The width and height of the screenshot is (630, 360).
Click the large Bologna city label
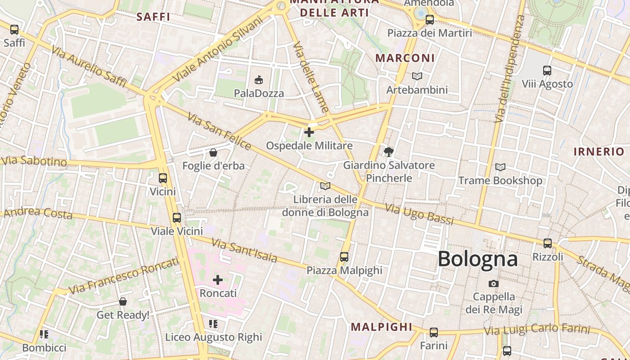(x=477, y=259)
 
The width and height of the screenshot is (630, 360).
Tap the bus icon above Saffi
(x=14, y=30)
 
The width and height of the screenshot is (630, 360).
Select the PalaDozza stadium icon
(x=259, y=80)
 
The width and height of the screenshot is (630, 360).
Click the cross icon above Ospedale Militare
(x=309, y=132)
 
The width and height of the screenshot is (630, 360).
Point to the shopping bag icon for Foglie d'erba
(x=213, y=153)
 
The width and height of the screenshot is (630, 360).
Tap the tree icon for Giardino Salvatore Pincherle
(x=389, y=152)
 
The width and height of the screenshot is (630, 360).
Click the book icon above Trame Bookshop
(x=500, y=167)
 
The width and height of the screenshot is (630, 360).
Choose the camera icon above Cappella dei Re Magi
(x=494, y=283)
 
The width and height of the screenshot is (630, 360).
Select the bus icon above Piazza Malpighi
(x=344, y=257)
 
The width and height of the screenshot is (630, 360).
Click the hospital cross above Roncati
(x=218, y=280)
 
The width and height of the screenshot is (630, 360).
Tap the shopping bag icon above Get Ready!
(x=123, y=301)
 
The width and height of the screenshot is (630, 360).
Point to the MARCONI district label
(x=405, y=58)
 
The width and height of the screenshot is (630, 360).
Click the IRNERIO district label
(x=598, y=152)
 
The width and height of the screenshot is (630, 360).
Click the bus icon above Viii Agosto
(x=547, y=71)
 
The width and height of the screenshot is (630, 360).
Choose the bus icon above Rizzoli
(x=548, y=243)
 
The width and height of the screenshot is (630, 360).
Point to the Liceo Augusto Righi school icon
(x=213, y=324)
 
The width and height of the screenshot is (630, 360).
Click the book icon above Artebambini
(x=417, y=76)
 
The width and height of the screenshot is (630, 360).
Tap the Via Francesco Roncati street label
(x=124, y=275)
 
